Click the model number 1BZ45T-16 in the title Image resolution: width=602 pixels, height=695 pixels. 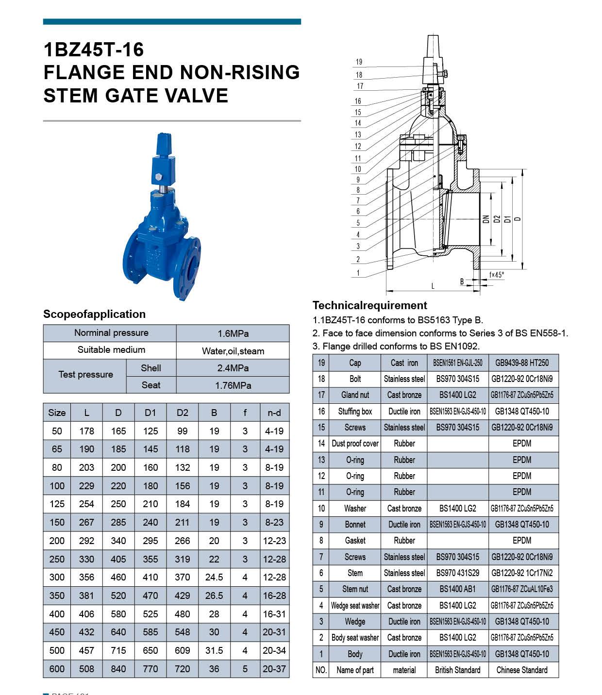point(94,50)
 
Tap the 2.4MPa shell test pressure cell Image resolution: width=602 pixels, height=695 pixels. point(233,368)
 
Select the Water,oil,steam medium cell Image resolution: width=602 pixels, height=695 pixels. point(233,351)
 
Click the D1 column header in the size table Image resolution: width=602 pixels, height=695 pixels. point(150,413)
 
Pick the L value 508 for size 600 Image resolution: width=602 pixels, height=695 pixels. point(86,669)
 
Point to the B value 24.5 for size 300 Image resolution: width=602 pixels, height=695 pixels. point(214,577)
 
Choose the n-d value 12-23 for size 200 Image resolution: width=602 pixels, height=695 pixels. point(274,541)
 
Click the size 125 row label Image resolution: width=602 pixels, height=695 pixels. point(57,504)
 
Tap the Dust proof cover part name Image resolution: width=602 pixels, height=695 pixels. point(355,444)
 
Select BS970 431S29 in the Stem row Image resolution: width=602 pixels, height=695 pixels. point(457,573)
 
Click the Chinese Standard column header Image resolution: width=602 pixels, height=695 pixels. point(522,670)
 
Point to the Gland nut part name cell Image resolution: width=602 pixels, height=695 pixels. point(355,395)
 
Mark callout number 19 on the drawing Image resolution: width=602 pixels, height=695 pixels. point(359,62)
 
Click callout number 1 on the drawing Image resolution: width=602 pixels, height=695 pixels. point(358,273)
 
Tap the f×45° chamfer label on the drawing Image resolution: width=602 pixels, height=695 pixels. point(497,275)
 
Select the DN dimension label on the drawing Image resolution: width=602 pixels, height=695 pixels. point(486,219)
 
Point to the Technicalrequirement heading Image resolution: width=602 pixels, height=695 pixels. point(370,305)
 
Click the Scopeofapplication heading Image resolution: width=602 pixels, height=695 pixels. point(94,314)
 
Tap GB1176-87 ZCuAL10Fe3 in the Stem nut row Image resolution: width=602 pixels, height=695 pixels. point(522,589)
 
